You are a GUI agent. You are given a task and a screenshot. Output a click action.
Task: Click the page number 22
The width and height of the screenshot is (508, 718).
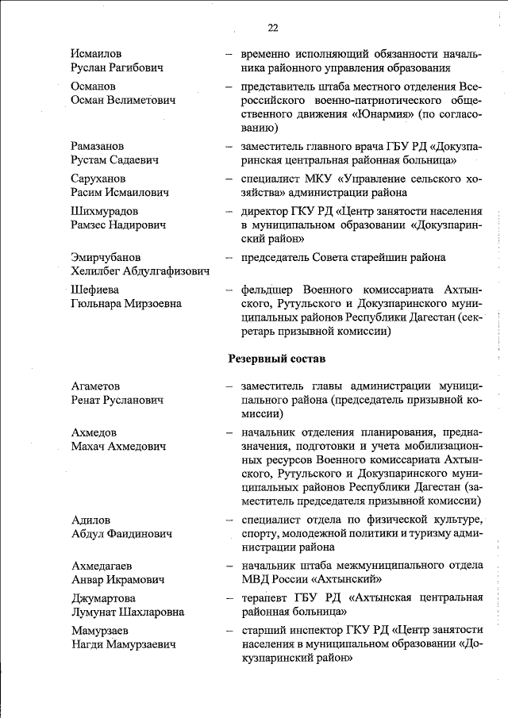272,28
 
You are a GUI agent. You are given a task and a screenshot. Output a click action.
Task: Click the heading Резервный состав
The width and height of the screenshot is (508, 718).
276,359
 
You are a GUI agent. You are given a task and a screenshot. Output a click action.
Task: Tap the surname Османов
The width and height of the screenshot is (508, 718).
93,86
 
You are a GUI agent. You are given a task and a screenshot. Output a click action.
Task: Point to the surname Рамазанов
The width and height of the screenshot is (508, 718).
98,146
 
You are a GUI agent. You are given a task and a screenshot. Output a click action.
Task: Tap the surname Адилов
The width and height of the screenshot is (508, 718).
90,520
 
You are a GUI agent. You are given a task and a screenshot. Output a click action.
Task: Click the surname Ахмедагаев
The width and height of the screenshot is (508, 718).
102,566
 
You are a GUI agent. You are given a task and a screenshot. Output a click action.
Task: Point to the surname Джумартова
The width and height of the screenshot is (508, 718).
103,598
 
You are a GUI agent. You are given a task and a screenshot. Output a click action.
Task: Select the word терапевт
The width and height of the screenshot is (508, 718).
263,598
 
